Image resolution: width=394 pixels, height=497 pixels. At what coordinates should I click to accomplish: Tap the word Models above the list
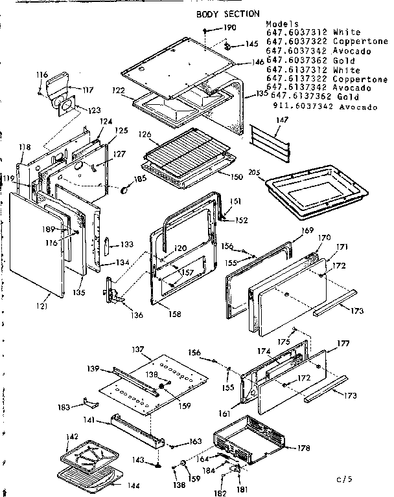click(280, 23)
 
